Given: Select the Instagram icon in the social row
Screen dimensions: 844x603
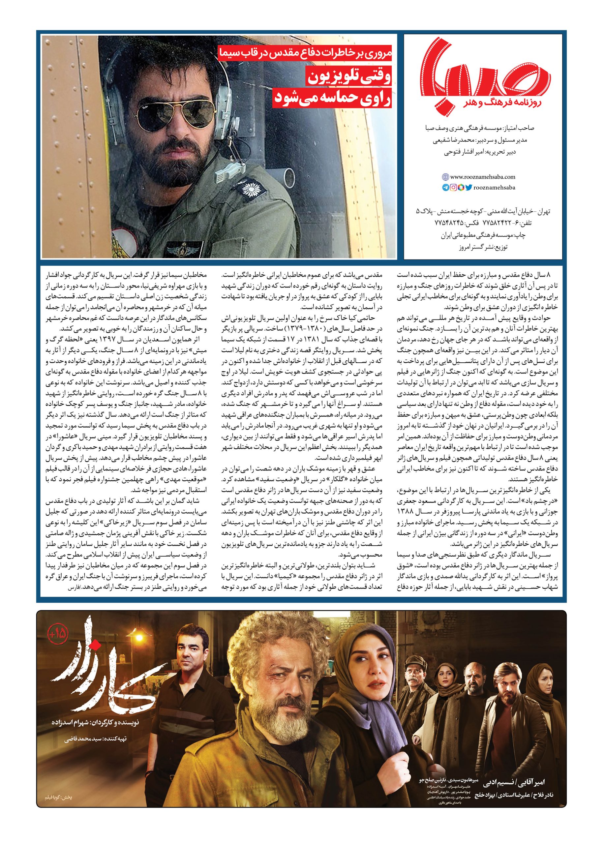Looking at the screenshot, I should click(x=453, y=188).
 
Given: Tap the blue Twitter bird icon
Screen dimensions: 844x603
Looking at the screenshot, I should click(x=469, y=188).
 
